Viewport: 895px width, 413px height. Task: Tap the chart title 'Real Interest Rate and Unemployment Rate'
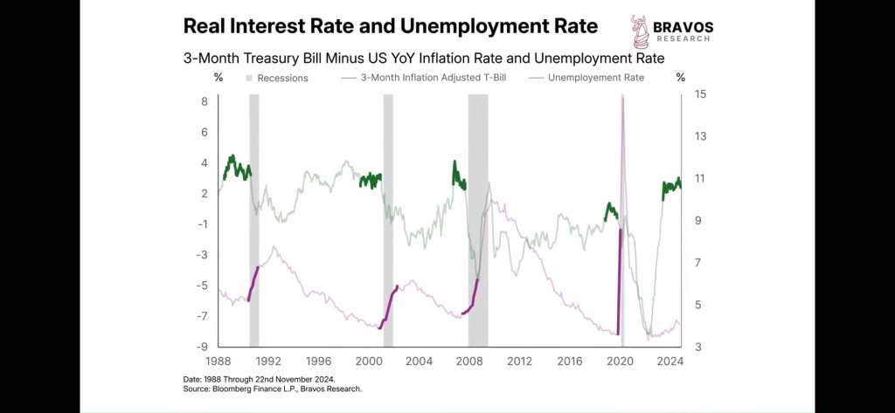click(x=391, y=26)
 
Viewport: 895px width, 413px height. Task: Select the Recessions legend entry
click(x=276, y=78)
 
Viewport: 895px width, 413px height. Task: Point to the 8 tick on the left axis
click(x=204, y=101)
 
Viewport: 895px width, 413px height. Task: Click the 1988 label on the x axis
click(x=219, y=361)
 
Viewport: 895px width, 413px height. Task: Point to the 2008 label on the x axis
click(x=469, y=361)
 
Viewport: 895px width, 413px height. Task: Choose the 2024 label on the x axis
click(x=670, y=361)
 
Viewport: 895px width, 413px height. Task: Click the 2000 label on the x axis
click(x=369, y=361)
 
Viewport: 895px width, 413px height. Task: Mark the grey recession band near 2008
click(x=477, y=218)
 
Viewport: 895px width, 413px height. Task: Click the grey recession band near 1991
click(x=254, y=218)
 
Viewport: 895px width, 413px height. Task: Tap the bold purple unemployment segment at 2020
click(x=619, y=279)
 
